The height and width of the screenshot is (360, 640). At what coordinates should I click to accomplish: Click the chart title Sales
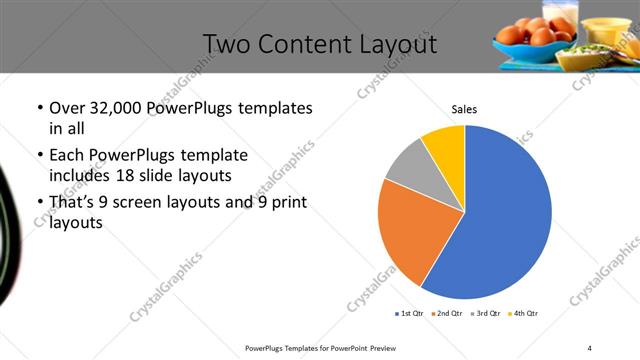coord(464,108)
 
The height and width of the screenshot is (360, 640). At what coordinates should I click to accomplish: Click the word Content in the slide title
coord(316,45)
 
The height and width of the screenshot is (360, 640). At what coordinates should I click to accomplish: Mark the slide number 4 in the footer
coord(590,347)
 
